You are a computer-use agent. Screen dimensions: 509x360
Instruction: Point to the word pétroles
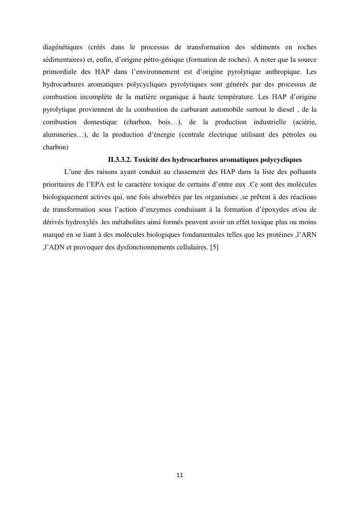[289, 135]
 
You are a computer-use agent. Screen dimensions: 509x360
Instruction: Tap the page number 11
[180, 475]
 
